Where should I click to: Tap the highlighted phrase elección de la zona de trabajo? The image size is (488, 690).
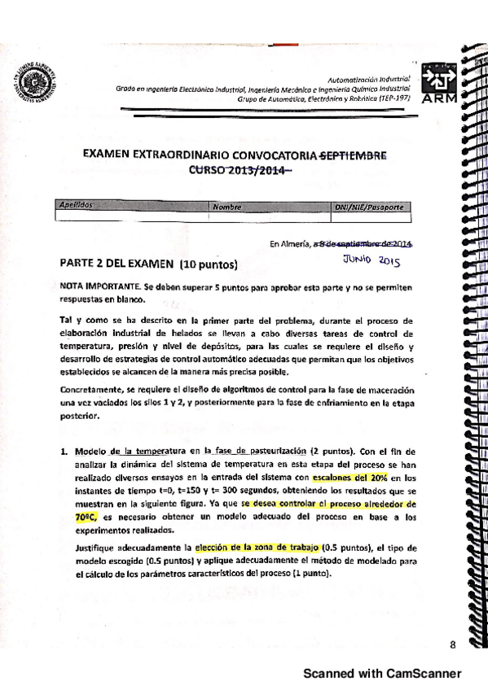point(258,547)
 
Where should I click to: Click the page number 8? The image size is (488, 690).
point(452,645)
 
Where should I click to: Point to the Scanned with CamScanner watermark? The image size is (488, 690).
point(382,673)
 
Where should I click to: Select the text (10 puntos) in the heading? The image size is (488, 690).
point(209,264)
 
